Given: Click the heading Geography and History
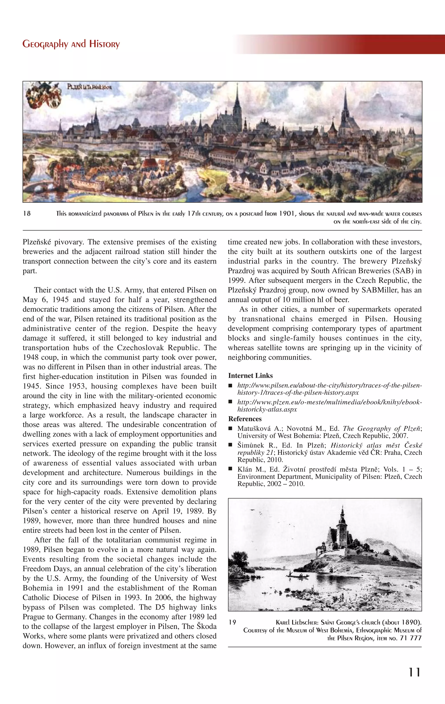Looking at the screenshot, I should [71, 44].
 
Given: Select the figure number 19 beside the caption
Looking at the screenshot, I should [232, 622].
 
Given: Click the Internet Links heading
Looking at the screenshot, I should [250, 376].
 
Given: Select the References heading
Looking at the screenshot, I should [245, 419].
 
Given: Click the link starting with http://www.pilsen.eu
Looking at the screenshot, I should [329, 389].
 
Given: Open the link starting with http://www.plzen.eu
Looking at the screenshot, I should [329, 405].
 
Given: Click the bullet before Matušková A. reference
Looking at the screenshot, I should [230, 429].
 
